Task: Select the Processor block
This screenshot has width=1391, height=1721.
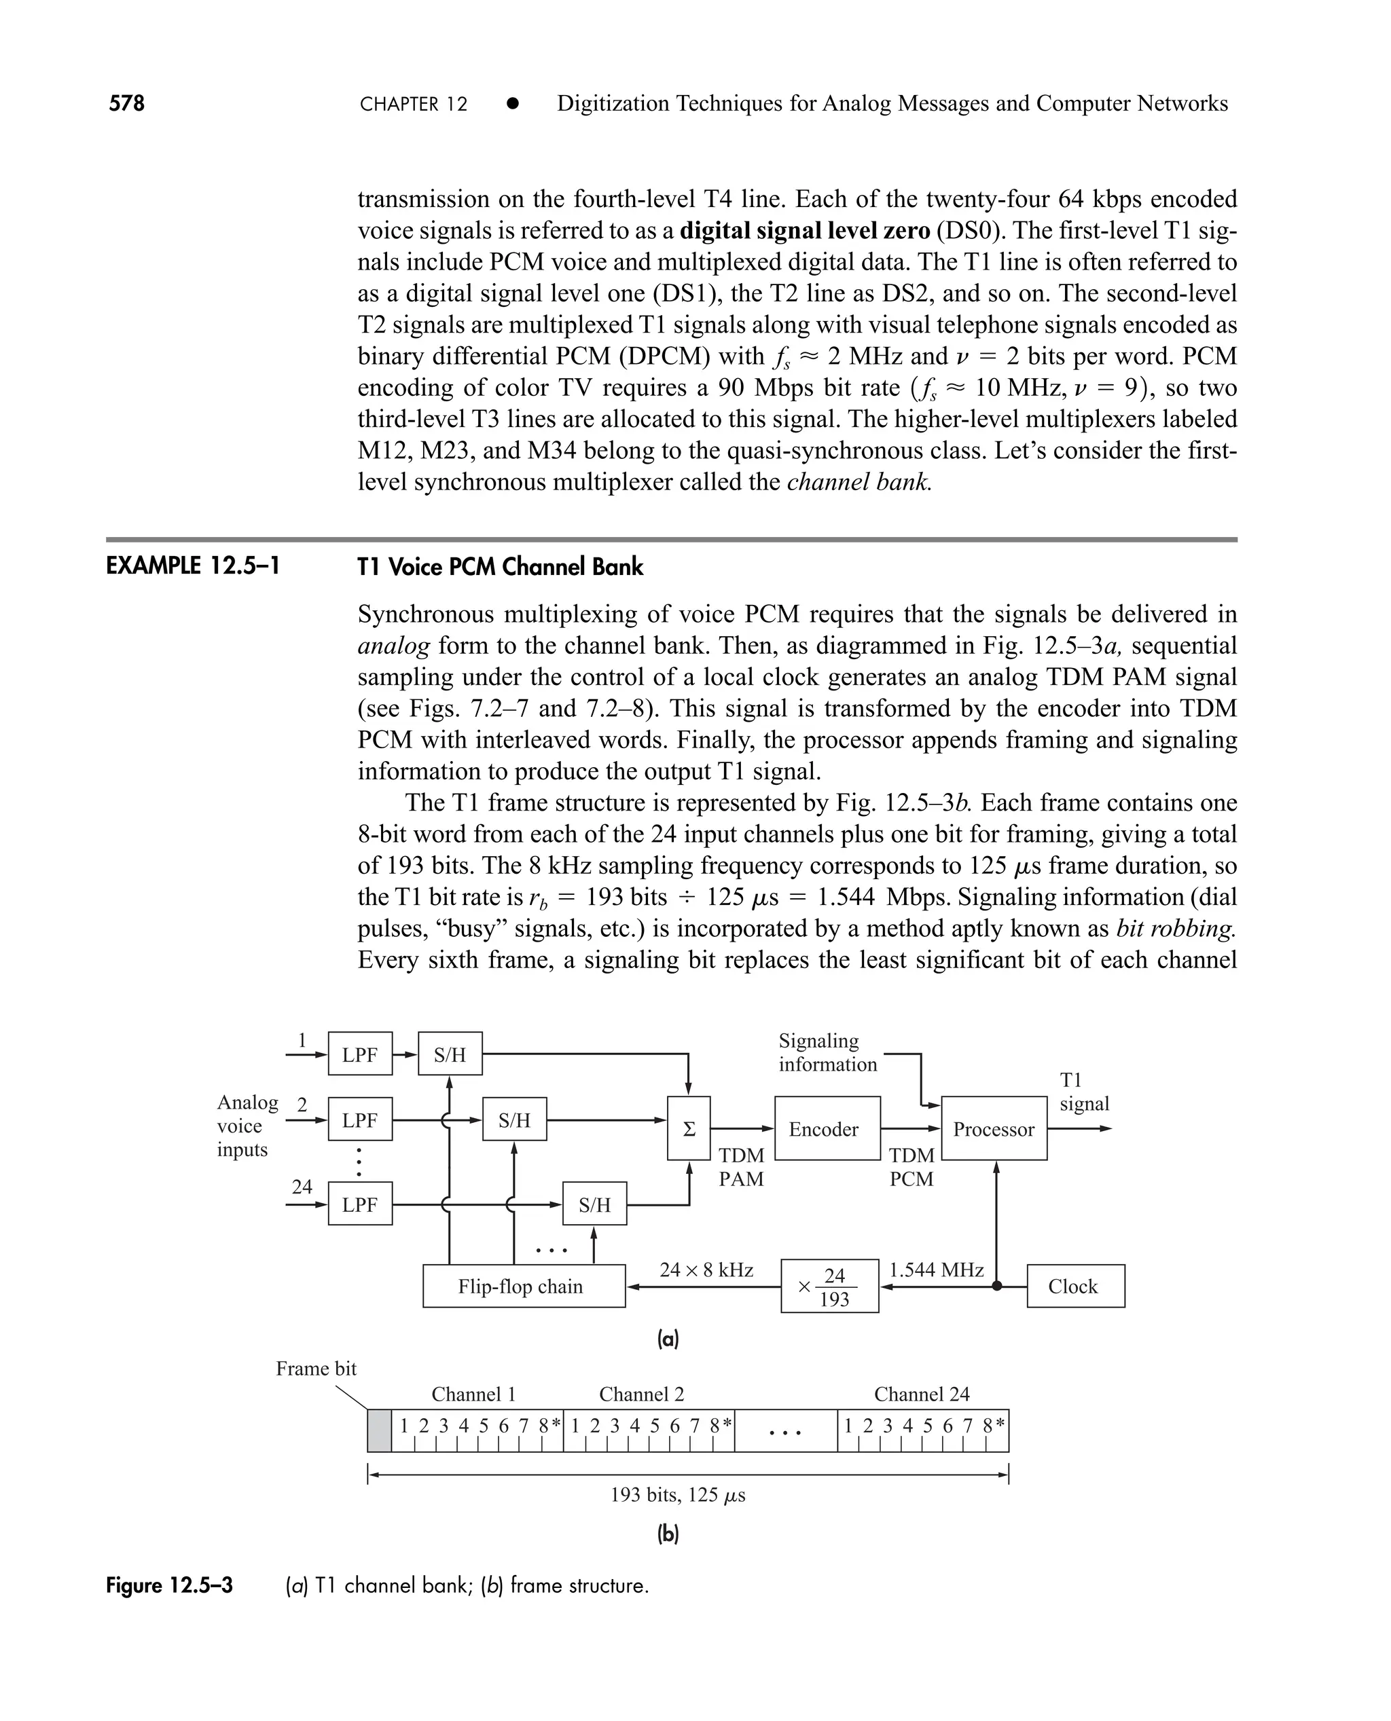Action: tap(994, 1128)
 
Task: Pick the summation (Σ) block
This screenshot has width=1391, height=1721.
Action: tap(688, 1128)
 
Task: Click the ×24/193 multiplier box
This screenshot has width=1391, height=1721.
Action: tap(829, 1287)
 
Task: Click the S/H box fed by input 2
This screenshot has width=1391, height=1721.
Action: tap(514, 1119)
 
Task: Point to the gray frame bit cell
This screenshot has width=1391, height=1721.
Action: tap(379, 1430)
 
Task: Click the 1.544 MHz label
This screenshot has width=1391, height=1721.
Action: tap(936, 1270)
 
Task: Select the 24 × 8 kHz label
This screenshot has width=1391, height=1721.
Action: tap(706, 1270)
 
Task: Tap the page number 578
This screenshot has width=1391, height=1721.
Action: tap(126, 103)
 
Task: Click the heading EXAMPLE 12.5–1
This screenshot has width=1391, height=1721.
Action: tap(193, 566)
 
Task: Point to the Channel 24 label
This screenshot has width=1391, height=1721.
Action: tap(922, 1394)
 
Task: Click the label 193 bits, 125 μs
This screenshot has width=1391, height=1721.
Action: tap(677, 1495)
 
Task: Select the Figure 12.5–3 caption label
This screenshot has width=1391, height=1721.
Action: tap(170, 1585)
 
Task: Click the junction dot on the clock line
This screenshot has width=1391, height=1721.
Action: tap(997, 1286)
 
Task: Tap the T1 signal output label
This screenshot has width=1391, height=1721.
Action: tap(1084, 1092)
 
